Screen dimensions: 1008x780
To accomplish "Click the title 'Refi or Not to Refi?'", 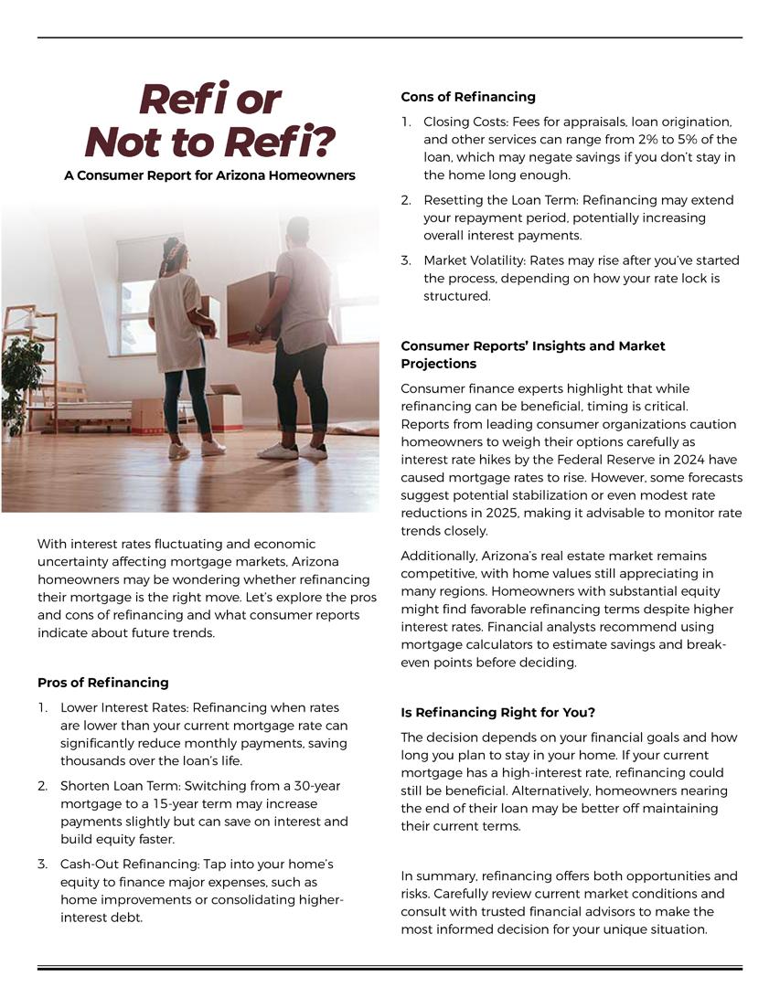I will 209,120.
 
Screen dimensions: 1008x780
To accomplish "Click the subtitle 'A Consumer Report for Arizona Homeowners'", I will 209,175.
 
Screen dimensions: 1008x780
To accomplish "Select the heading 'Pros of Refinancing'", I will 103,682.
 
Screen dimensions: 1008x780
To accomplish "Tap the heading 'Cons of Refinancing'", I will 468,97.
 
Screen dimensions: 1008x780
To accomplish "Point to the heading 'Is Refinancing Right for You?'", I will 498,712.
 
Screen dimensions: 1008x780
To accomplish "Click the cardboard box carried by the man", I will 249,308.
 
